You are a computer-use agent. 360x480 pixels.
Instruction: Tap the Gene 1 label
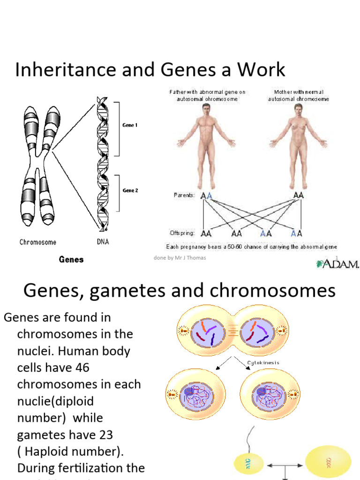coord(130,125)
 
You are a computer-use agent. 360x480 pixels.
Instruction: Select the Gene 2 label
coord(130,191)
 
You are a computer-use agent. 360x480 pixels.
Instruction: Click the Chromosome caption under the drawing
coord(38,242)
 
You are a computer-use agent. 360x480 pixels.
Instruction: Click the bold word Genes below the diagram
coord(71,259)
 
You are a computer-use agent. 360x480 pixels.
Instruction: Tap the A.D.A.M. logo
coord(337,264)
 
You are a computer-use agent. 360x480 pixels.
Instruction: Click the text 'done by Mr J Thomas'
coord(180,258)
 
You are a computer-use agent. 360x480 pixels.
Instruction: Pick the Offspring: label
coord(182,232)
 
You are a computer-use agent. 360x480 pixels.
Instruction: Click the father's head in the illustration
coord(205,109)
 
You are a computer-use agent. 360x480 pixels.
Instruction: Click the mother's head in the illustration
coord(298,109)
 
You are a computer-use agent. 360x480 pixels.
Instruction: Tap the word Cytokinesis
coord(263,362)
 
